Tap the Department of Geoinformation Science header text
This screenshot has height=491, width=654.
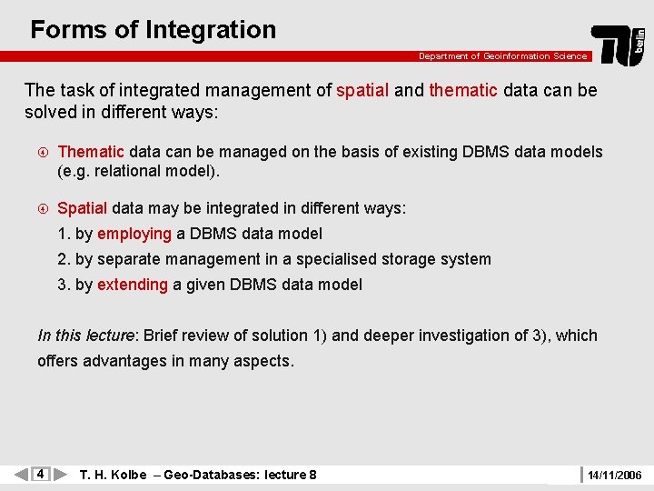coord(502,56)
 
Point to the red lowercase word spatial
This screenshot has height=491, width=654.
coord(362,90)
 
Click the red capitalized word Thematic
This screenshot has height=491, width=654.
coord(91,152)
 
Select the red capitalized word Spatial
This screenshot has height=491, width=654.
coord(82,208)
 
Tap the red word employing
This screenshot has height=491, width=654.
coord(134,234)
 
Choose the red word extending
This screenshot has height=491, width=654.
coord(133,285)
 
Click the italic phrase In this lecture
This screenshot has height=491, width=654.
coord(85,336)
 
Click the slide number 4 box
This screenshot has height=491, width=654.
coord(40,474)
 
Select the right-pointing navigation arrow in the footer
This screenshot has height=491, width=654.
coord(60,474)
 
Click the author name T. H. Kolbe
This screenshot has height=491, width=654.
coord(113,475)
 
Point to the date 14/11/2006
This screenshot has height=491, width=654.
coord(614,475)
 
